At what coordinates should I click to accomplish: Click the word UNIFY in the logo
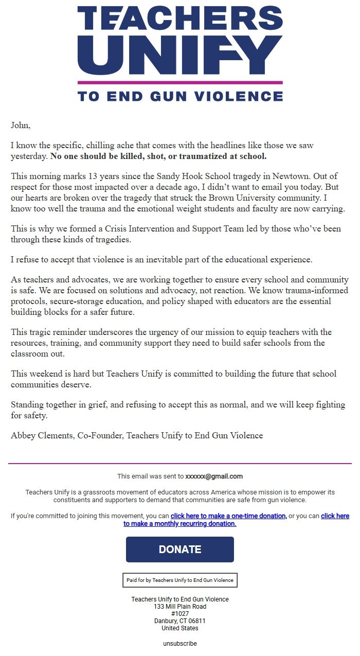pyautogui.click(x=180, y=54)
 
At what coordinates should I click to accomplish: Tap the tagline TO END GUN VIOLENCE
pyautogui.click(x=180, y=96)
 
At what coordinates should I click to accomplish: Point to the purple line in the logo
pyautogui.click(x=180, y=82)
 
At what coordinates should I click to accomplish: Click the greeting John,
pyautogui.click(x=21, y=125)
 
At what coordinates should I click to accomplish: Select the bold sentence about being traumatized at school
pyautogui.click(x=158, y=156)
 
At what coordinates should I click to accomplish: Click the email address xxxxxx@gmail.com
pyautogui.click(x=214, y=476)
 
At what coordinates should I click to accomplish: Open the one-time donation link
pyautogui.click(x=228, y=516)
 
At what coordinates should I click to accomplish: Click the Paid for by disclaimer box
pyautogui.click(x=180, y=580)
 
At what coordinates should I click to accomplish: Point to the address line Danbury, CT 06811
pyautogui.click(x=180, y=621)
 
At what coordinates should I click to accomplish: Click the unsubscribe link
pyautogui.click(x=180, y=644)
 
